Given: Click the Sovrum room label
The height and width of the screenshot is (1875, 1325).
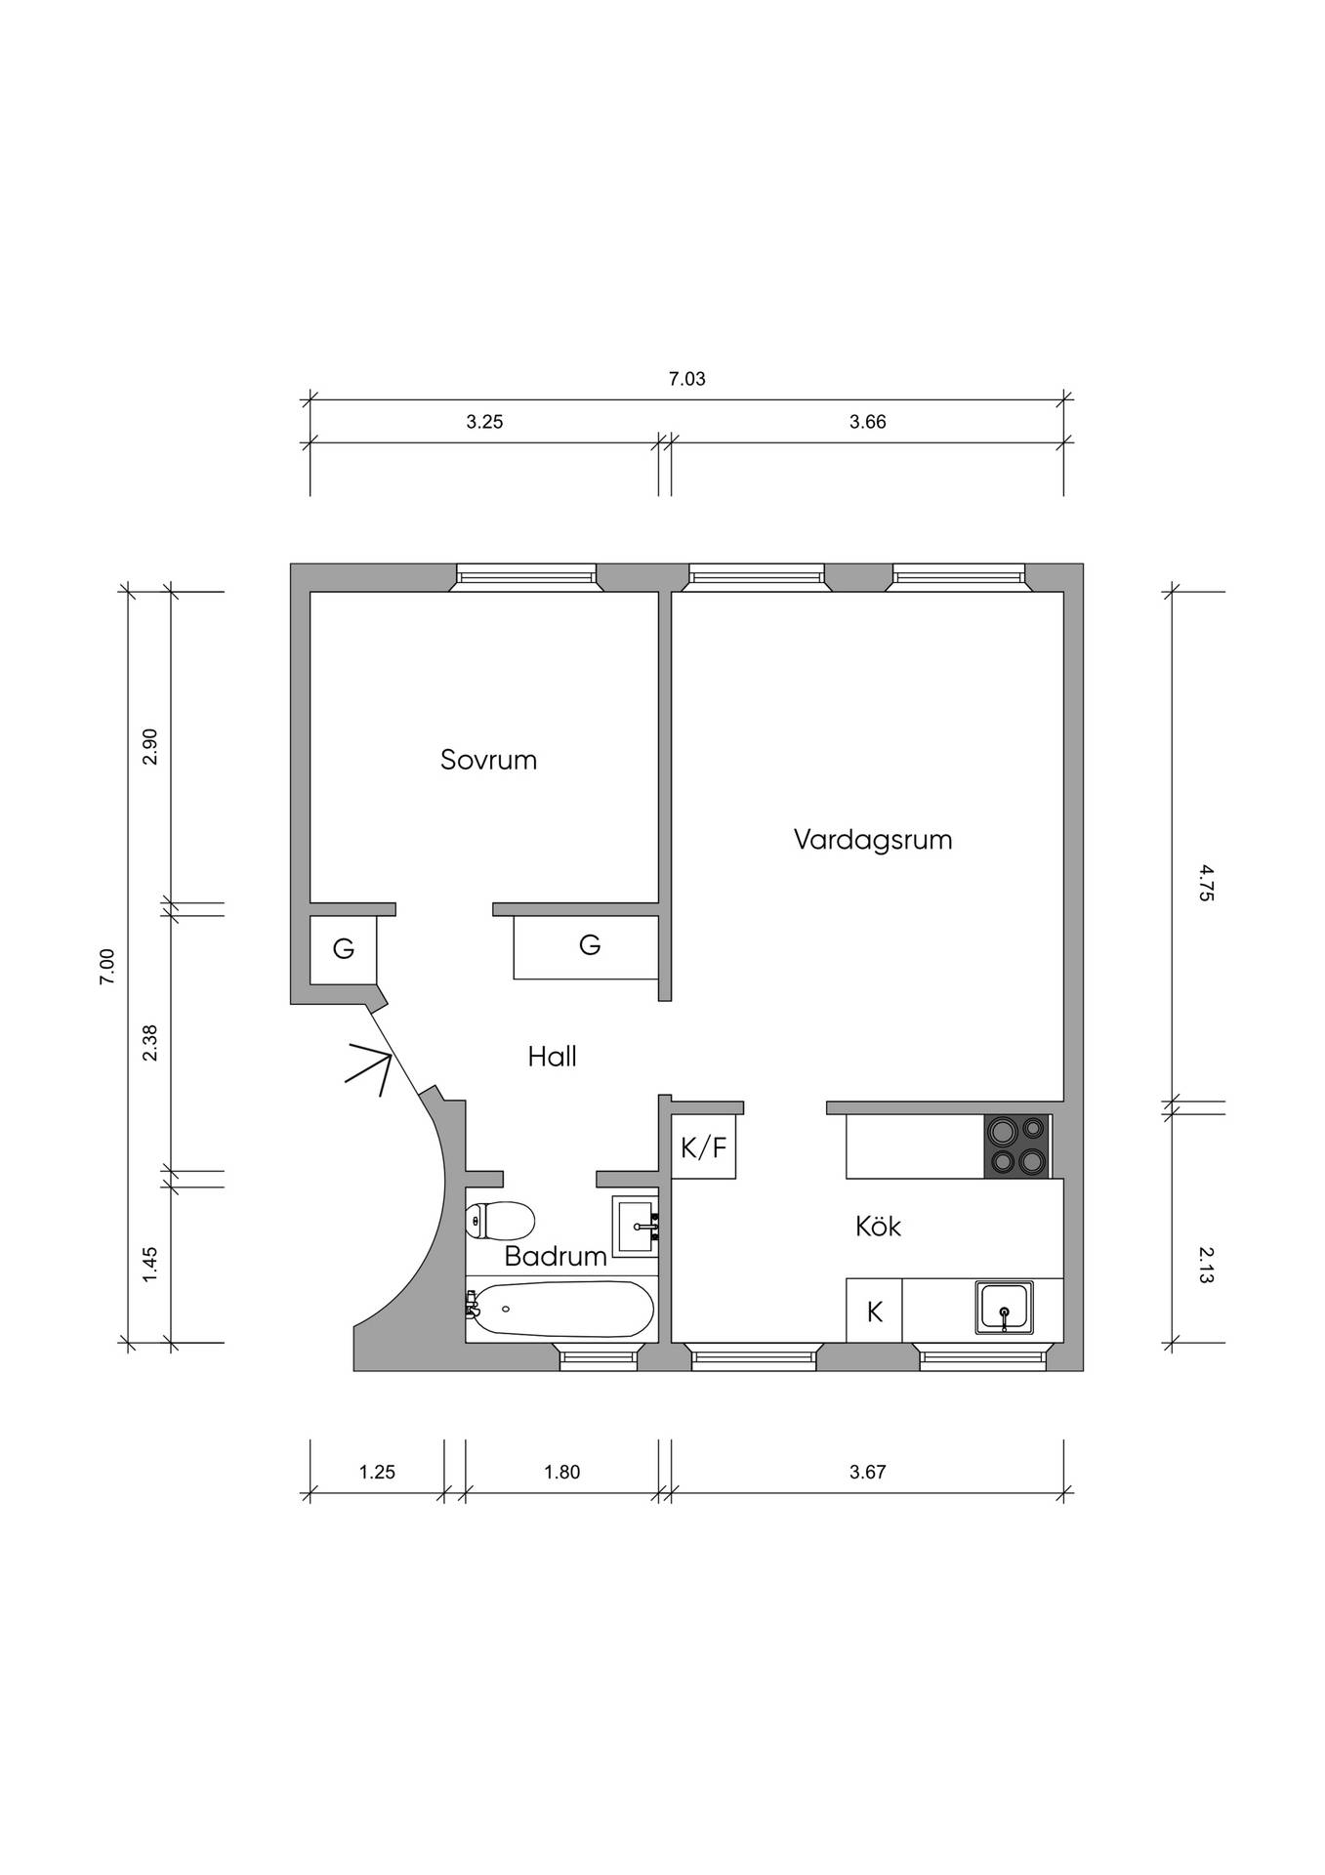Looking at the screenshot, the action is (488, 760).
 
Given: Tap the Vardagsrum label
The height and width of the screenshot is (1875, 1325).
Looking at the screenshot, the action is (873, 840).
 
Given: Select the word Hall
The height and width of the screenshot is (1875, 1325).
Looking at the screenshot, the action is (553, 1057).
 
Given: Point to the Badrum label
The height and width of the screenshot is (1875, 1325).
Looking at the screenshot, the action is (556, 1256).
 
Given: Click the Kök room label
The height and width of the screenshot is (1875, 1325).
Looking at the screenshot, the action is (878, 1226).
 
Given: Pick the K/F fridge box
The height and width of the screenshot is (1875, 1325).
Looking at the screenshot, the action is (704, 1146).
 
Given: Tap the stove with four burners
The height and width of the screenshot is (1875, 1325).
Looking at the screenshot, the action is (1016, 1146).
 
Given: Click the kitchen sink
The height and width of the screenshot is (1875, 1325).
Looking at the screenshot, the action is (1004, 1308).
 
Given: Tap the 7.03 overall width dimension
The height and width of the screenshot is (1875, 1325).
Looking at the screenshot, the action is (686, 379).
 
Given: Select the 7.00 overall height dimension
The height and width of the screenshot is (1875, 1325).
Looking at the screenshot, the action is (106, 967).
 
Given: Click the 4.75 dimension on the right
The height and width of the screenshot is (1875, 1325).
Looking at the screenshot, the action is (1206, 883).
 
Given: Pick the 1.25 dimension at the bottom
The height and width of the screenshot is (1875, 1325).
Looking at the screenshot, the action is (377, 1472).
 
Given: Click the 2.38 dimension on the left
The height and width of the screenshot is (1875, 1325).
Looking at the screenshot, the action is (149, 1043).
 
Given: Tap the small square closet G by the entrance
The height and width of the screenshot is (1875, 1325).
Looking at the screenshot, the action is (344, 949).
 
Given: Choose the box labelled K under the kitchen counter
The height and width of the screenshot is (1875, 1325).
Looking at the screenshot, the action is (875, 1311).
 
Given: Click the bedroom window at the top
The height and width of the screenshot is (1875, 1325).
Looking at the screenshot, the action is (527, 577).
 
